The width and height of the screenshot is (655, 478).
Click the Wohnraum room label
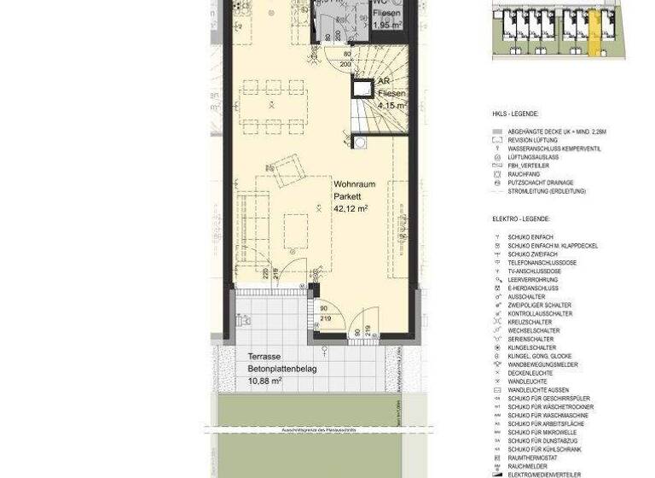351,184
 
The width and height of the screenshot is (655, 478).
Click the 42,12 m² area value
351,208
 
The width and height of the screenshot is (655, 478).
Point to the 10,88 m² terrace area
264,381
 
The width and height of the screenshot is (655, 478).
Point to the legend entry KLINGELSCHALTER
532,347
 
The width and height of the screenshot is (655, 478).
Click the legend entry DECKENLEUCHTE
530,373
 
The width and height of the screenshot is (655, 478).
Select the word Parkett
346,196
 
